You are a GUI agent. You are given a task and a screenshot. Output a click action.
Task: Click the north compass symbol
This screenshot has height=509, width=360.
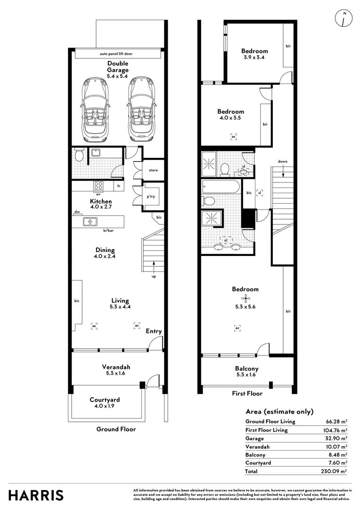click(x=344, y=18)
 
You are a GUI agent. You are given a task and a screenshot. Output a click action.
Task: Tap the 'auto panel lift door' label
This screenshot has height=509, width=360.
click(x=116, y=54)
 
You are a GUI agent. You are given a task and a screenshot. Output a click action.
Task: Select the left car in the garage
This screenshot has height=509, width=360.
click(x=94, y=109)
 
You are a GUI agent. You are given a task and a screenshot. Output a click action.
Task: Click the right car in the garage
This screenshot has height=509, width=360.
click(x=141, y=109)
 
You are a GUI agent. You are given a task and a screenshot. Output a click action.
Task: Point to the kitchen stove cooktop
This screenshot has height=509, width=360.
click(x=98, y=186)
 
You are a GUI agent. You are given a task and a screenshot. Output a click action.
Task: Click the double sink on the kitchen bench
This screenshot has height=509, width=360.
click(x=90, y=222)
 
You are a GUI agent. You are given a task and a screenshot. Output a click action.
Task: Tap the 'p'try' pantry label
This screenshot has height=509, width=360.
click(x=151, y=197)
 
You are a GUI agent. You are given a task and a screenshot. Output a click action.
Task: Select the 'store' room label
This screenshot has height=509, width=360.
click(x=153, y=170)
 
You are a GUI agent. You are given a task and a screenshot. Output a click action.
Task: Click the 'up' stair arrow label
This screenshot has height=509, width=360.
click(x=154, y=277)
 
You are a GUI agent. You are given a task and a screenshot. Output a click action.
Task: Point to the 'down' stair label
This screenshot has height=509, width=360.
click(x=282, y=161)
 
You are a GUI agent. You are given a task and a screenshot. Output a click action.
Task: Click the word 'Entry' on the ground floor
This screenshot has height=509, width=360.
click(x=154, y=331)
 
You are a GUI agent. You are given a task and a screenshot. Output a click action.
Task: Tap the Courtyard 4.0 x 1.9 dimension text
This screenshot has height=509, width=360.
click(x=105, y=406)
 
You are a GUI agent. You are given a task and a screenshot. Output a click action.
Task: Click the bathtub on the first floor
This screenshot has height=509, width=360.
click(x=221, y=187)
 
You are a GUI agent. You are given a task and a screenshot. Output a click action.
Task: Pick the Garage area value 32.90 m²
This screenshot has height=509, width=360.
click(x=336, y=438)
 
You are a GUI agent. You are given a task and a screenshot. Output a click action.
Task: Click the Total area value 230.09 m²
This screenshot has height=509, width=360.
click(x=334, y=471)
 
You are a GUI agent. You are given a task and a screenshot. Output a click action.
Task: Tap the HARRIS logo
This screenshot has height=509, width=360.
click(x=36, y=496)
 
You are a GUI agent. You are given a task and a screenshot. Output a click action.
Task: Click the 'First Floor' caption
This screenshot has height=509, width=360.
click(x=247, y=394)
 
